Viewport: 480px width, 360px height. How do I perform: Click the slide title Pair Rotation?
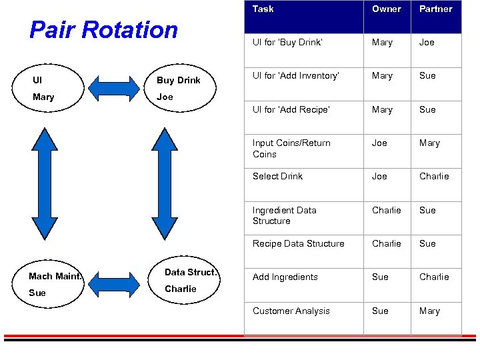point(104,30)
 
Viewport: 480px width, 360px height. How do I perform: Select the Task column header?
point(263,9)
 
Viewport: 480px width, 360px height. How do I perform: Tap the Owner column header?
point(386,9)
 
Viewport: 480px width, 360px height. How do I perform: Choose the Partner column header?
point(435,9)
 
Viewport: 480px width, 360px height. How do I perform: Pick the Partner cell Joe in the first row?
point(427,43)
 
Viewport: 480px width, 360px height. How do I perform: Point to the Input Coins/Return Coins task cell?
point(291,149)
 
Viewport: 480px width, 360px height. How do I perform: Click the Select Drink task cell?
point(277,177)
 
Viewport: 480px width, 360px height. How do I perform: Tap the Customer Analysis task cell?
point(291,311)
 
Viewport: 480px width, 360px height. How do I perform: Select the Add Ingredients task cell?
point(285,277)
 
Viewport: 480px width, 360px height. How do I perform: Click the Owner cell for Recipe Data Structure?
point(386,244)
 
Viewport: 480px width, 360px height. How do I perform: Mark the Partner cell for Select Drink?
point(434,177)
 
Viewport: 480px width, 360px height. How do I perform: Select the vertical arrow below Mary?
point(45,183)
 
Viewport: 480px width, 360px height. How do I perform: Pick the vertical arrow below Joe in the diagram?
point(165,183)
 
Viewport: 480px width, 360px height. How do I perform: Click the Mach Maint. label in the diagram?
point(55,276)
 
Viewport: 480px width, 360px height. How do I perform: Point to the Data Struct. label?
point(191,272)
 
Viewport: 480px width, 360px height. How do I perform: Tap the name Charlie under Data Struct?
point(180,289)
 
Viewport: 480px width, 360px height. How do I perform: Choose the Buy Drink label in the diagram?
point(178,81)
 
